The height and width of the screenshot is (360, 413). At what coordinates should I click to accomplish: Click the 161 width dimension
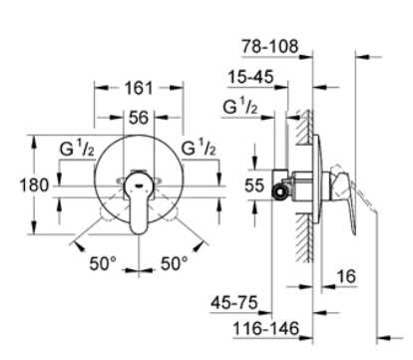coord(139,88)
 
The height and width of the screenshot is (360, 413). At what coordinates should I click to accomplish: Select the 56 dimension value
coord(139,118)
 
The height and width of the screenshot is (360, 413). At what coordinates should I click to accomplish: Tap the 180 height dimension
coord(34,185)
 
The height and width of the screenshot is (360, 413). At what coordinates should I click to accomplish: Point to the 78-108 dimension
coord(270,47)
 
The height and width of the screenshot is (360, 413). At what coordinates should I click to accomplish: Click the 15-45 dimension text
coord(250,77)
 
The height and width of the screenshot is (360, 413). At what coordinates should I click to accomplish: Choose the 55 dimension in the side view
coord(254,185)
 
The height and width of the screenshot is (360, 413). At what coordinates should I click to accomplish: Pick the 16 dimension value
coord(346,276)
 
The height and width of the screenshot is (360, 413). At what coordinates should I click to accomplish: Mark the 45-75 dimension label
coord(234,302)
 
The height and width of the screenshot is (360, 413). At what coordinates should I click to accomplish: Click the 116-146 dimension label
coord(266,328)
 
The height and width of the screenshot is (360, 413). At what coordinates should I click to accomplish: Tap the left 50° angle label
coord(103,263)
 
